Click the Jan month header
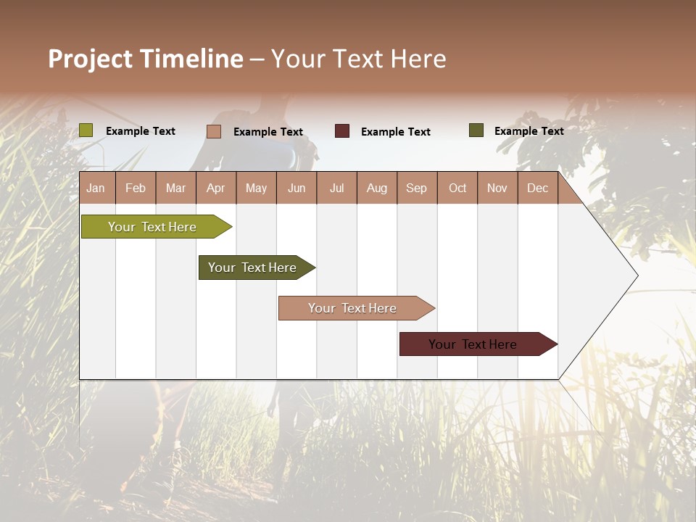pyautogui.click(x=96, y=188)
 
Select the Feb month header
pyautogui.click(x=136, y=188)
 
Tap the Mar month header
pyautogui.click(x=175, y=188)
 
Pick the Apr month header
pyautogui.click(x=216, y=188)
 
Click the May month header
pyautogui.click(x=256, y=188)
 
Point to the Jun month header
pyautogui.click(x=297, y=188)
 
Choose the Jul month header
pyautogui.click(x=336, y=188)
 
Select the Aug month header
pyautogui.click(x=377, y=188)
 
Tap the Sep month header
pyautogui.click(x=417, y=188)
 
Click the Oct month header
pyautogui.click(x=457, y=188)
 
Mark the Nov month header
pyautogui.click(x=497, y=188)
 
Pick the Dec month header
pyautogui.click(x=538, y=188)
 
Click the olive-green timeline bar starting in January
pyautogui.click(x=152, y=227)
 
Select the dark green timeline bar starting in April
pyautogui.click(x=252, y=268)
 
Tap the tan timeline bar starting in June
pyautogui.click(x=352, y=308)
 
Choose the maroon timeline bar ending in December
pyautogui.click(x=473, y=344)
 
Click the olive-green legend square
pyautogui.click(x=86, y=130)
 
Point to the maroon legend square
pyautogui.click(x=342, y=131)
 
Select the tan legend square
pyautogui.click(x=214, y=131)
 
